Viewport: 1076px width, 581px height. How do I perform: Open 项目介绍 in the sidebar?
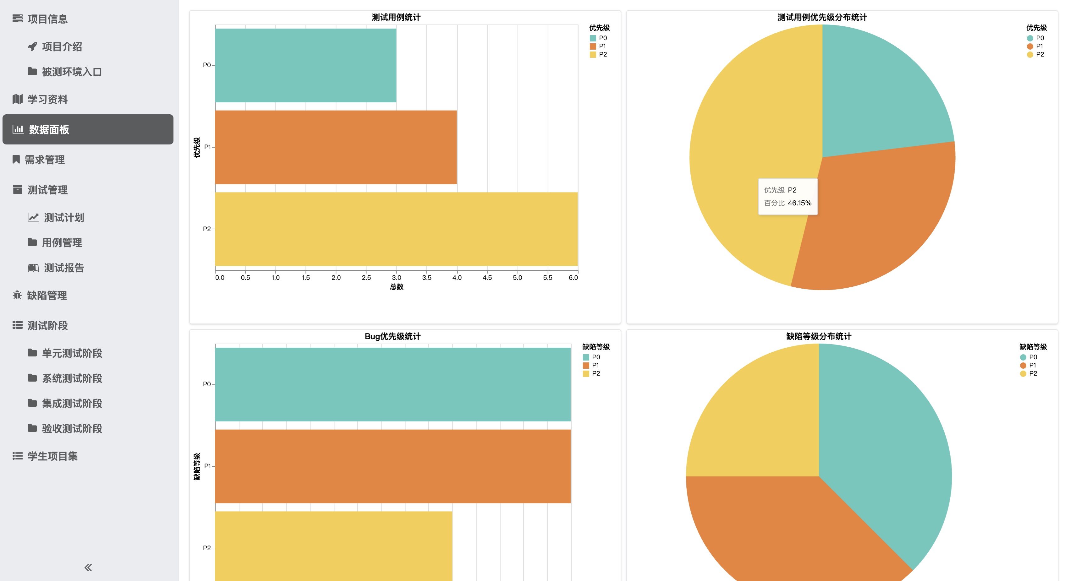(x=62, y=47)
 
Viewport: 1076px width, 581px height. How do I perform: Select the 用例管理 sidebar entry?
(x=62, y=242)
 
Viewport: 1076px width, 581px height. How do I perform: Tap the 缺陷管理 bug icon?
(x=17, y=296)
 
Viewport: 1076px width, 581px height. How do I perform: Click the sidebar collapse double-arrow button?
(x=88, y=567)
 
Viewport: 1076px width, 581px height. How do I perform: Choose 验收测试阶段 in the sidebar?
(x=72, y=429)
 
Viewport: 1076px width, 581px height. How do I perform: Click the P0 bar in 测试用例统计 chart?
(x=305, y=65)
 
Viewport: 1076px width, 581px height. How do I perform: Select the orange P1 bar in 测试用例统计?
(x=335, y=147)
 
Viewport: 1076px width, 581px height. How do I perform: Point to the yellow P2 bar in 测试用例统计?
(x=396, y=229)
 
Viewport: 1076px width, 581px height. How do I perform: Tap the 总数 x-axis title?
(x=396, y=287)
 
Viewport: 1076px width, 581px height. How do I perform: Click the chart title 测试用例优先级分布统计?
(x=822, y=17)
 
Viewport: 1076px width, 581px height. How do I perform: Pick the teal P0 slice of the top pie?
(x=877, y=96)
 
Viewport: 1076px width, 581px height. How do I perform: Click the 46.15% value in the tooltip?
(x=799, y=203)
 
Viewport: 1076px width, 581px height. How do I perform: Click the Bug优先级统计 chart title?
(x=392, y=336)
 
